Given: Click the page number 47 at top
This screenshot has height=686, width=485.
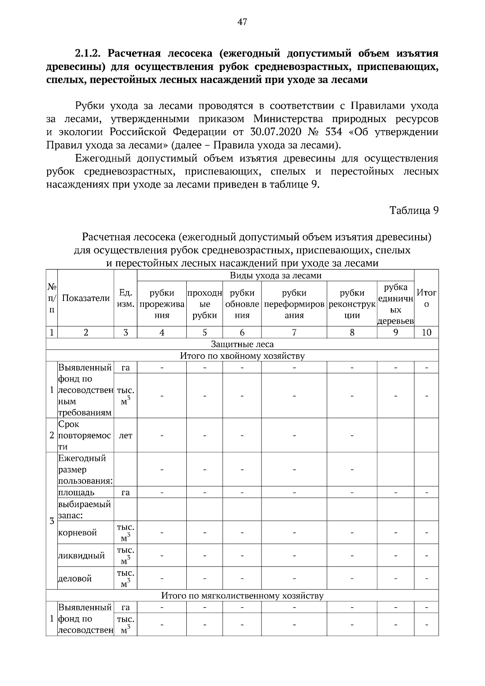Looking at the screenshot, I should point(242,22).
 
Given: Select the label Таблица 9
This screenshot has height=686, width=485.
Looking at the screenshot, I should point(414,210).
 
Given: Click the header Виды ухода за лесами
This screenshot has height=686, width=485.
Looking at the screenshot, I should point(276,276).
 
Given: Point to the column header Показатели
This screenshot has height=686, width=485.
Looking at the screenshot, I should point(86,298).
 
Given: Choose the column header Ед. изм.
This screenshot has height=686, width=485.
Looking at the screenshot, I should point(126,298).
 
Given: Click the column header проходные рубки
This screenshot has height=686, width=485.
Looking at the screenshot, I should point(205,304).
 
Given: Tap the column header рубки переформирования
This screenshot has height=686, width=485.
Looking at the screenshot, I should point(294,304).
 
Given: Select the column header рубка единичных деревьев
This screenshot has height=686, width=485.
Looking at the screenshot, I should point(396,304).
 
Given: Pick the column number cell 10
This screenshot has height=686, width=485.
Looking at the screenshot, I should point(426,332).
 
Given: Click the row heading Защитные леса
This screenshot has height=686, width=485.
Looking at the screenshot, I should point(242,344).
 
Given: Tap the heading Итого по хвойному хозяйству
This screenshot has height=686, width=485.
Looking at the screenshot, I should point(242,356).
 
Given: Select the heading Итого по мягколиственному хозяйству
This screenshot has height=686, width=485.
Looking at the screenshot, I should point(242,596).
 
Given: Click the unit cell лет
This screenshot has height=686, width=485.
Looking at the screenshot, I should point(126,436).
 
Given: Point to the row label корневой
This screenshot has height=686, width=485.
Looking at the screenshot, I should point(78,532).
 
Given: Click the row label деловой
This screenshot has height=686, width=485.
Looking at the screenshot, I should point(75,579).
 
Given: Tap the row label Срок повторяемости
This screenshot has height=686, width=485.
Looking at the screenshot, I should point(84,436).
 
